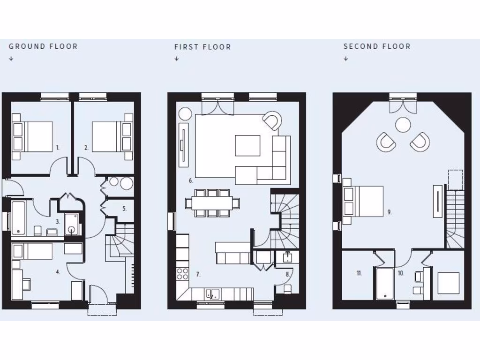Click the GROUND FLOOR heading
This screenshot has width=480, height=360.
tap(43, 46)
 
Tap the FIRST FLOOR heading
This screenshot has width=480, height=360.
tap(202, 47)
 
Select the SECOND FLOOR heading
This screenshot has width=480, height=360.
tap(377, 46)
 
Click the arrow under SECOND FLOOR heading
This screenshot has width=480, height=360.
tap(346, 59)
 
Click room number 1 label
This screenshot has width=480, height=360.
tap(58, 147)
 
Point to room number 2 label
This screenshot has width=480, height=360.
tap(86, 147)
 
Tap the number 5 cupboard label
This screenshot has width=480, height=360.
tap(124, 209)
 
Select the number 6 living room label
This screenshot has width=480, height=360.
tap(191, 180)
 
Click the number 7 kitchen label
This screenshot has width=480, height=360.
tap(198, 274)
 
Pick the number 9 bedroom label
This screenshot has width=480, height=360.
tap(390, 212)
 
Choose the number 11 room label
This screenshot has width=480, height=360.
tap(359, 273)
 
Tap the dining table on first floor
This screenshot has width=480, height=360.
tap(212, 203)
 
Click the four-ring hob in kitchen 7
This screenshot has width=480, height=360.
tap(182, 274)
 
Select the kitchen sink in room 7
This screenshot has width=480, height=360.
tap(212, 294)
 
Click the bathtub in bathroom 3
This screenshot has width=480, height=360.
tap(18, 217)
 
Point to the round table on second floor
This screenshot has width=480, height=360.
tap(403, 125)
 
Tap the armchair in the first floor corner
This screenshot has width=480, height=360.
tap(272, 120)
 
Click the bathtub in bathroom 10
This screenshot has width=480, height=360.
tap(384, 283)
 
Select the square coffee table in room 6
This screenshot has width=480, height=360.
tap(247, 145)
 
